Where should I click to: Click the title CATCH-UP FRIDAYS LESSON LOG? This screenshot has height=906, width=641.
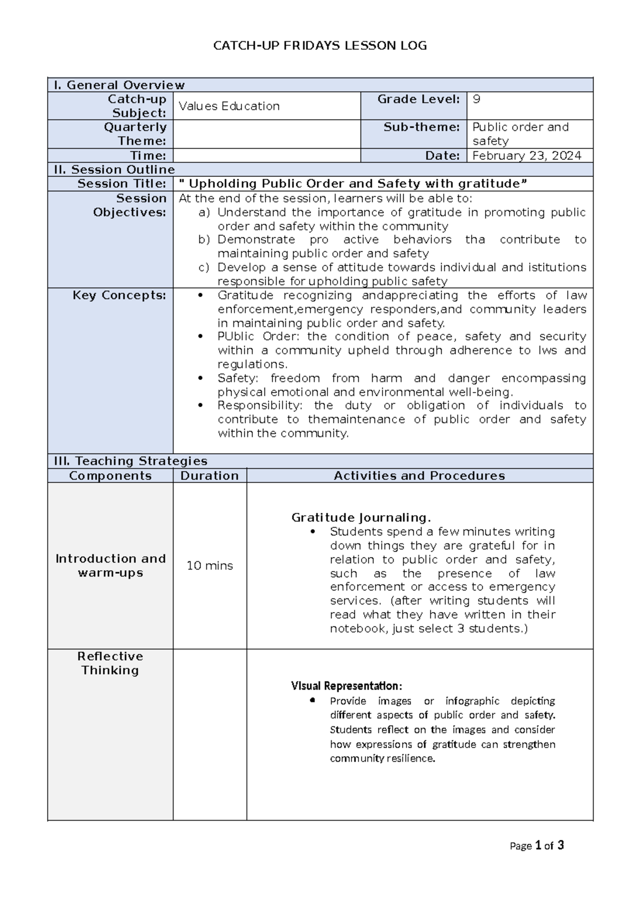click(320, 46)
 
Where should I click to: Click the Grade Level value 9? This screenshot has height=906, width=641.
click(476, 99)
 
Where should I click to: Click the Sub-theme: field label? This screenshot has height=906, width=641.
click(421, 127)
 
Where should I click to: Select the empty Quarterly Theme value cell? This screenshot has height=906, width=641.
click(266, 134)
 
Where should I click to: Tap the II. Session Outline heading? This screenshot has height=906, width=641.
click(114, 169)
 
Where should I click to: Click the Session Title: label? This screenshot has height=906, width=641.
click(122, 184)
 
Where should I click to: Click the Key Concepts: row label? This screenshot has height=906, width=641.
click(120, 295)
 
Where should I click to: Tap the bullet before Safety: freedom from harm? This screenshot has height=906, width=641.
click(200, 378)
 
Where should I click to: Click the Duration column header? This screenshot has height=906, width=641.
click(209, 475)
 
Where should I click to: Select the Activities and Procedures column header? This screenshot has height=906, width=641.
click(419, 475)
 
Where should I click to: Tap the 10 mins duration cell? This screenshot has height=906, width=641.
click(209, 566)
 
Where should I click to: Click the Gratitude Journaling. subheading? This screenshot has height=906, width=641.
click(361, 518)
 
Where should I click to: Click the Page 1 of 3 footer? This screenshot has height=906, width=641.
click(537, 846)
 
